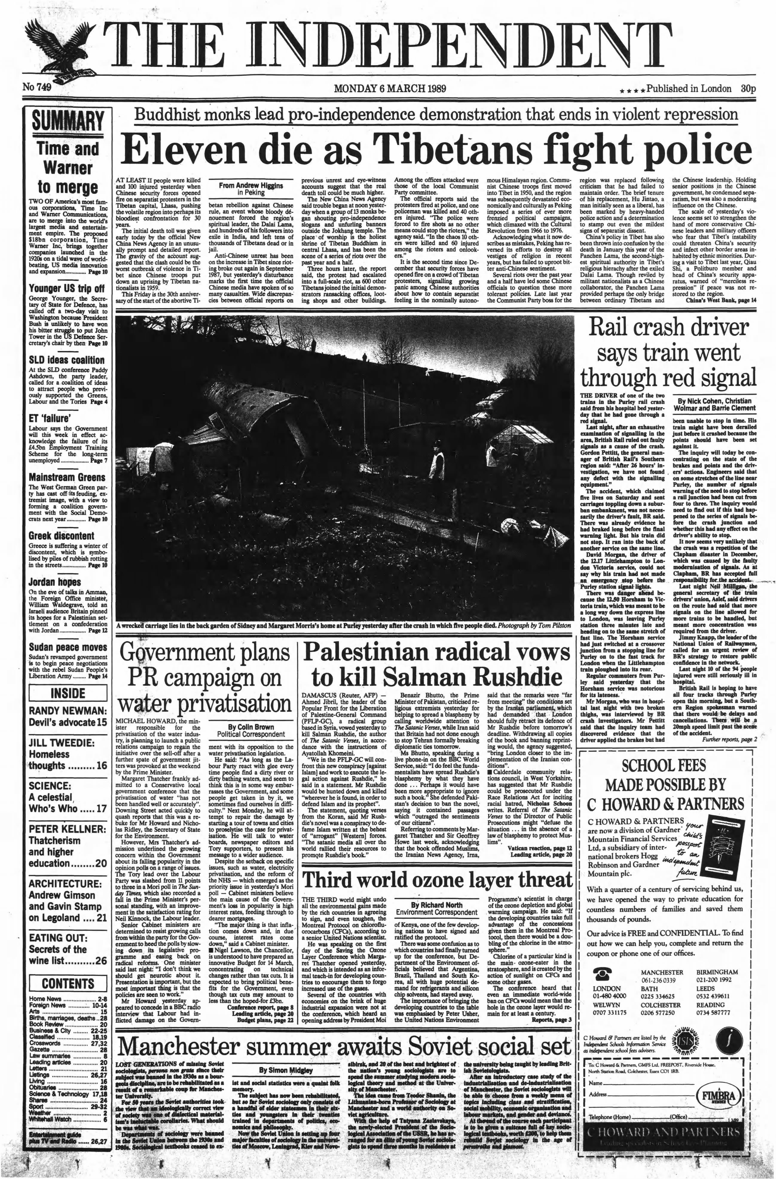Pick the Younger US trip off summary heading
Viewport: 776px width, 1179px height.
pos(66,288)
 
